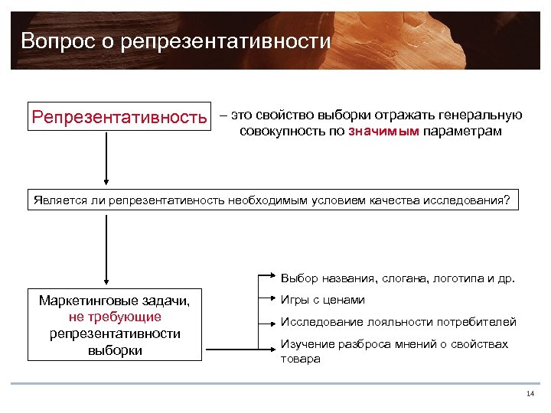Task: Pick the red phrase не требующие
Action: tap(114, 317)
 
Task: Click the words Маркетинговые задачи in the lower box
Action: tap(114, 301)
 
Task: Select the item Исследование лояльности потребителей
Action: tap(398, 322)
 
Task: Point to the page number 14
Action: tap(530, 394)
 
